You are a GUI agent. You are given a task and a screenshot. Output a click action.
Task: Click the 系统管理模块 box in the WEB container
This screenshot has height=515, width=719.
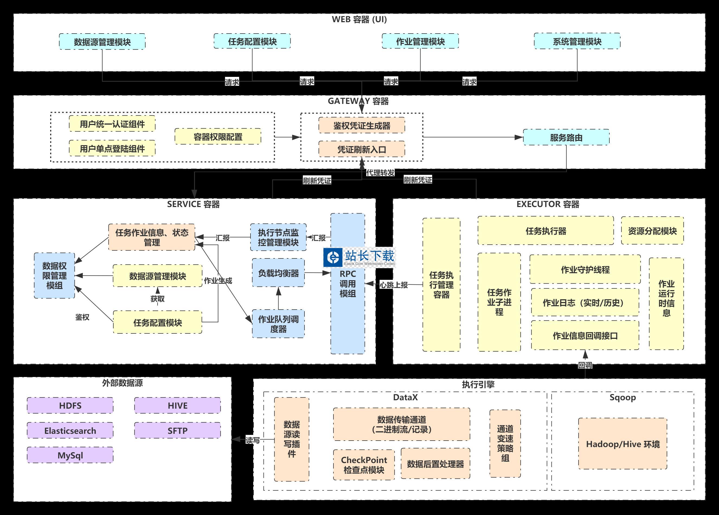point(577,41)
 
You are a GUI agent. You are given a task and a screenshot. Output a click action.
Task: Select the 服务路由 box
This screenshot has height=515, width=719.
point(566,137)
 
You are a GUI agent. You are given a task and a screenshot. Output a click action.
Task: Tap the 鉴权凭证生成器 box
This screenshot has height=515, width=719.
point(362,126)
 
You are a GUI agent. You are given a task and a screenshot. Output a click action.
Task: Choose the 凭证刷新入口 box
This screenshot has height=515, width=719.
point(362,149)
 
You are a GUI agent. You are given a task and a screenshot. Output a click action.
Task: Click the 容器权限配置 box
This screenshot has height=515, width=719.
point(218,137)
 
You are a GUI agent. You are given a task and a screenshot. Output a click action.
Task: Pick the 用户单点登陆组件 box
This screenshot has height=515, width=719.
point(112,149)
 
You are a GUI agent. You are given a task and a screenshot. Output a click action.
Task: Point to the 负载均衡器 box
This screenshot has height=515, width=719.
point(278,273)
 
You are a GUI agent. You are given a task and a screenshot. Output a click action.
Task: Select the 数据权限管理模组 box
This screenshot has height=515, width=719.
point(54,275)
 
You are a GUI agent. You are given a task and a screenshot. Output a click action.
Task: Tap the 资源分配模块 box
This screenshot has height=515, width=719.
point(652,231)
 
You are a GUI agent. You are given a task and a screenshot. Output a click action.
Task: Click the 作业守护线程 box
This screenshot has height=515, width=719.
point(585,269)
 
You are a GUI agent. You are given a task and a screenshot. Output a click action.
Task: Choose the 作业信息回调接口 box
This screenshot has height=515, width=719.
point(585,336)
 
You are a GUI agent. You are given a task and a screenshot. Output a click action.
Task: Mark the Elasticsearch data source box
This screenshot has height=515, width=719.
point(70,431)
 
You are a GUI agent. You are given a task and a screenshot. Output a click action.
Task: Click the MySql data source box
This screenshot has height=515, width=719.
point(70,455)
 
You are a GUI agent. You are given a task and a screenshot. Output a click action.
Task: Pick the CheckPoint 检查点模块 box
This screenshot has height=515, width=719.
point(364,465)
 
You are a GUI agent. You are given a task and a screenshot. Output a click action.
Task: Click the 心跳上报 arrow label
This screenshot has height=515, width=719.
point(394,285)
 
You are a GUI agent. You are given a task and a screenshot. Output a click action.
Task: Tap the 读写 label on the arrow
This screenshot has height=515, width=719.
point(253,440)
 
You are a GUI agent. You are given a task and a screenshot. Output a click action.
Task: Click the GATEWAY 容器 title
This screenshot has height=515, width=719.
point(358,101)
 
